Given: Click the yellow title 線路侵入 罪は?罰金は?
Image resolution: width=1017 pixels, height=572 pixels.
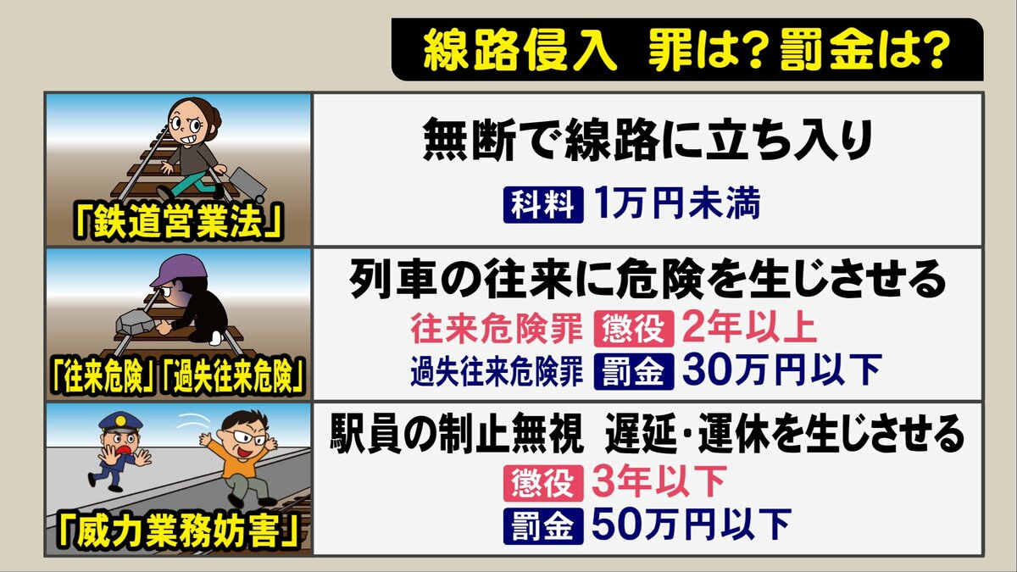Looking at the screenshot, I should [x=686, y=52].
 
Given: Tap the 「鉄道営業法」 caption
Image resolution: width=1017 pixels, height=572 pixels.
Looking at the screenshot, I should [x=180, y=224].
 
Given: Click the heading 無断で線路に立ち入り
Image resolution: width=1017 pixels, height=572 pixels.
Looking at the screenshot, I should [x=647, y=141].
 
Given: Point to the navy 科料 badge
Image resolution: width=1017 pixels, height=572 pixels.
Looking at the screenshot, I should [x=543, y=205].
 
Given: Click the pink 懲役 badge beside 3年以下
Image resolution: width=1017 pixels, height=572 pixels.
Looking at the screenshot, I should [x=543, y=484].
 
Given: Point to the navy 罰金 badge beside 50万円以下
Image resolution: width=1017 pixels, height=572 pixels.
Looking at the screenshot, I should [x=543, y=525].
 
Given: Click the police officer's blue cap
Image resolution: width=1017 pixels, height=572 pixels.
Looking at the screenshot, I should [x=119, y=422].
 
